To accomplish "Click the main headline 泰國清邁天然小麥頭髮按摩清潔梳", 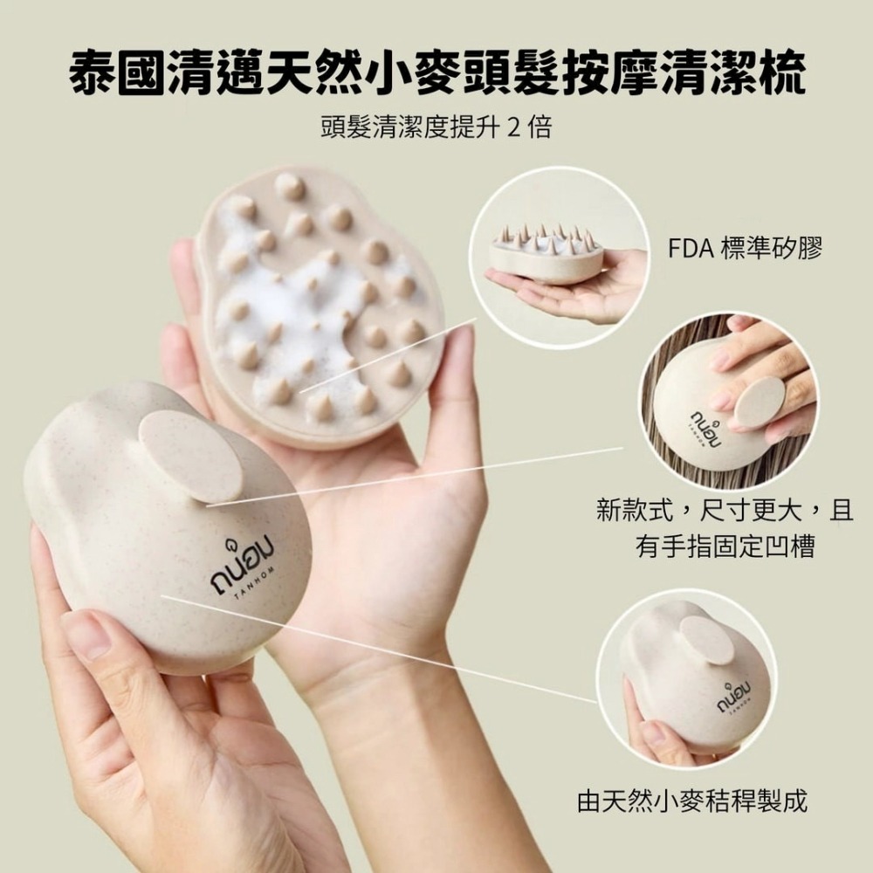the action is click(437, 72).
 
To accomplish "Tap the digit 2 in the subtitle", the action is click(515, 128).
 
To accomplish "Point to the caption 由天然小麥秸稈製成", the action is click(692, 801).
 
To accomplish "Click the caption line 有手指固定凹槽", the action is click(725, 546).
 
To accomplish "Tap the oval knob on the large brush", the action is click(190, 456).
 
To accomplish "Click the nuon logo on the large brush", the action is click(242, 562).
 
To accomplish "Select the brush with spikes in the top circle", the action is click(546, 254).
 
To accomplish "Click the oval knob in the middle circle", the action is click(760, 402).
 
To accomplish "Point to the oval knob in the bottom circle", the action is click(707, 640).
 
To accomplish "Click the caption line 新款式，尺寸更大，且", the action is click(725, 510).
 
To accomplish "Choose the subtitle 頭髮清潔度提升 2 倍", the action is click(436, 128).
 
